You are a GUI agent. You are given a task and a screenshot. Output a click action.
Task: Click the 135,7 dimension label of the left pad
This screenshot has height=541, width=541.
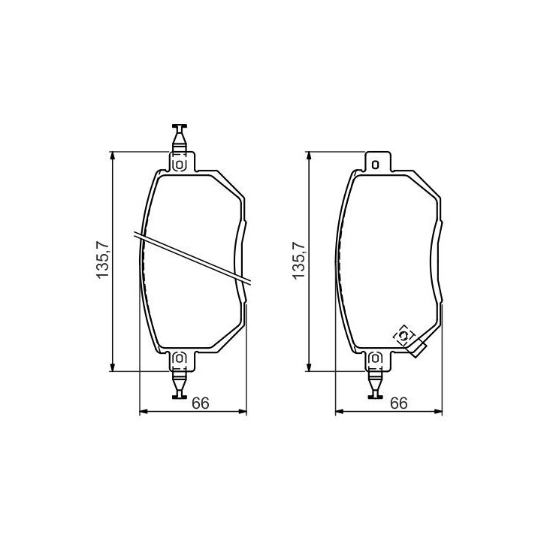102,260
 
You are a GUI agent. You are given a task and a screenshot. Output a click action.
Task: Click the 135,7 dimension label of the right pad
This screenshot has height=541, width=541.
299,260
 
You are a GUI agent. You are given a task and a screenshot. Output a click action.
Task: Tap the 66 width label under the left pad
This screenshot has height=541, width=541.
201,403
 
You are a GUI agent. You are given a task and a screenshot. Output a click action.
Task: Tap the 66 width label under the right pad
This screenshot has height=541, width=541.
398,403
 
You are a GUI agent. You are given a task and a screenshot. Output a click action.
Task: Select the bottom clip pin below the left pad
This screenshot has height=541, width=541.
180,384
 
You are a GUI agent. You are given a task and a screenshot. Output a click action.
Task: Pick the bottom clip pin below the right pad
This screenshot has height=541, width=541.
376,384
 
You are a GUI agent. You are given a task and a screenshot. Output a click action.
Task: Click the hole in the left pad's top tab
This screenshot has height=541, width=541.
180,165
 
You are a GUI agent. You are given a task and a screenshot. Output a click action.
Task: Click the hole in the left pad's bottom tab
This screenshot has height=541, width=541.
180,358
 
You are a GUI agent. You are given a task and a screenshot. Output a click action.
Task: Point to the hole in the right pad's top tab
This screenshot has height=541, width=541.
376,165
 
